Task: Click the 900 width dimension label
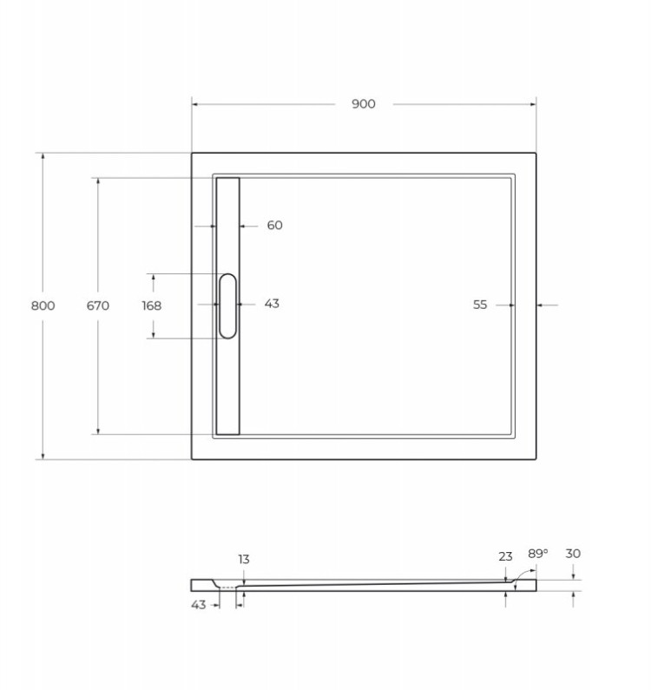(x=364, y=104)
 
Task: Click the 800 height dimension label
(x=43, y=306)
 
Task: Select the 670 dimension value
(x=97, y=306)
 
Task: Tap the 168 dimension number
(x=151, y=306)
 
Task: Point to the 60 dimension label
(x=274, y=226)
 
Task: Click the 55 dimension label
(x=480, y=305)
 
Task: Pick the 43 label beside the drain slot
(x=272, y=304)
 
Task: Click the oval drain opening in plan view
(x=227, y=306)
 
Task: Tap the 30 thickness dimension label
(x=573, y=554)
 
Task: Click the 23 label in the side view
(x=506, y=556)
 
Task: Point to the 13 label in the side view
(x=244, y=560)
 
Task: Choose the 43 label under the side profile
(x=199, y=605)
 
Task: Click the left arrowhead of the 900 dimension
(x=195, y=104)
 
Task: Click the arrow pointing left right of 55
(x=542, y=305)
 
